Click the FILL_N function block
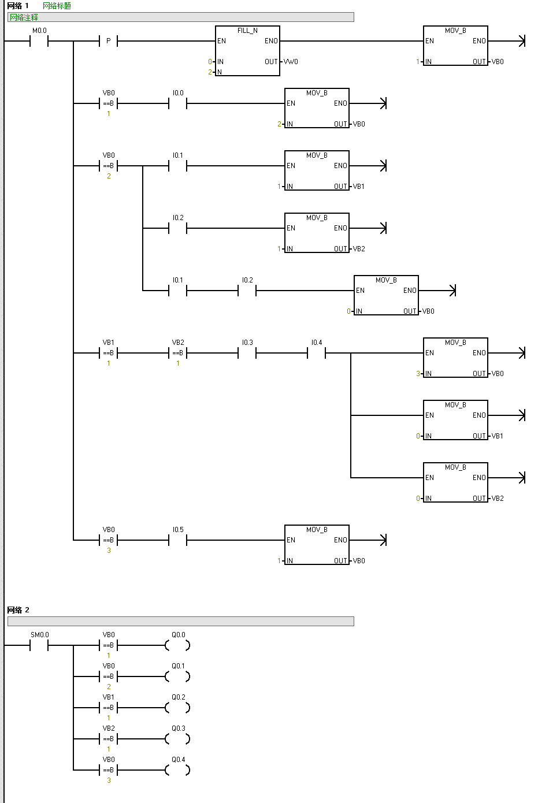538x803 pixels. point(247,50)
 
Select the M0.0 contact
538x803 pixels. point(39,41)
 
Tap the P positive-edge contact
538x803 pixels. point(108,41)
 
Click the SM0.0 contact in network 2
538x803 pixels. point(39,645)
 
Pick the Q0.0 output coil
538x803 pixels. point(177,645)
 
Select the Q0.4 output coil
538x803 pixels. point(177,770)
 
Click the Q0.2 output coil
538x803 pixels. point(177,708)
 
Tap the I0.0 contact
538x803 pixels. point(177,103)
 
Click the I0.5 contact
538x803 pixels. point(177,540)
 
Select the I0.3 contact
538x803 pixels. point(247,353)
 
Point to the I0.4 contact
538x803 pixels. point(316,353)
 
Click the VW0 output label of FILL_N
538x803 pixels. point(291,62)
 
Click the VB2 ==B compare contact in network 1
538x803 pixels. point(177,353)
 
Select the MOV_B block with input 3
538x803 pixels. point(455,358)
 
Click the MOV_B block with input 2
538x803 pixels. point(317,108)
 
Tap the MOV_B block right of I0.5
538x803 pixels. point(317,545)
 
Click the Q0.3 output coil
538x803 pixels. point(177,739)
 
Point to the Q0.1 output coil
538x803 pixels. point(177,676)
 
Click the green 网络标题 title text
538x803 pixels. point(57,6)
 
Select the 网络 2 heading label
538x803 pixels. point(18,610)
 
